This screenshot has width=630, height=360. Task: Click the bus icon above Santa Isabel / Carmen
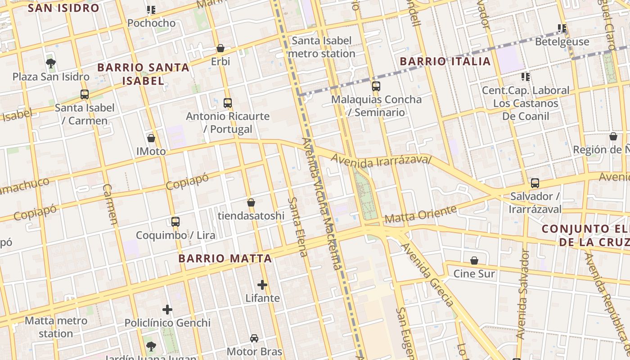[x=84, y=94]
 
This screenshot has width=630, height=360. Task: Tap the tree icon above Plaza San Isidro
[x=51, y=63]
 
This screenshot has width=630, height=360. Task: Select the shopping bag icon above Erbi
[x=220, y=48]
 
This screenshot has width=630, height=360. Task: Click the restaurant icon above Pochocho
[x=151, y=9]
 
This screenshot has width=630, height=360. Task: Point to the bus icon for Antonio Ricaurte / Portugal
[x=228, y=103]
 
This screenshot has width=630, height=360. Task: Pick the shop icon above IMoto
[x=151, y=138]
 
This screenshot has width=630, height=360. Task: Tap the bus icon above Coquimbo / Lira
[x=175, y=222]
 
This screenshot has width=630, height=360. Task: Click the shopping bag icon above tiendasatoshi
[x=251, y=203]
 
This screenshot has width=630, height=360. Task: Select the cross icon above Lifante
[x=262, y=285]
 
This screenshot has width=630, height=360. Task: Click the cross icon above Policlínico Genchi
[x=167, y=310]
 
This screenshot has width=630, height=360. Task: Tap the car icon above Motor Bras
[x=254, y=338]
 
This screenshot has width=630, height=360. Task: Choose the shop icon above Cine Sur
[x=474, y=261]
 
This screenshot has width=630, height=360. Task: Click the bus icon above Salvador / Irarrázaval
[x=535, y=183]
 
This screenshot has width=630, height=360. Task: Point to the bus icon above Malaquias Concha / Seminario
[x=376, y=86]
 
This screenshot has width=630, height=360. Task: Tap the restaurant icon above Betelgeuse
[x=562, y=28]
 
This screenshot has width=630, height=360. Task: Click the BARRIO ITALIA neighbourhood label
[x=445, y=61]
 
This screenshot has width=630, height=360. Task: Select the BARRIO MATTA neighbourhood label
[x=225, y=259]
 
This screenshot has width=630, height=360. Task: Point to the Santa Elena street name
[x=298, y=227]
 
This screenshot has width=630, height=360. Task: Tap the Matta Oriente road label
[x=421, y=215]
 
